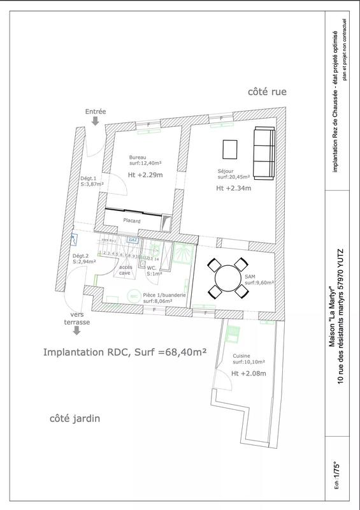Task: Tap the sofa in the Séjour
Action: tap(263, 147)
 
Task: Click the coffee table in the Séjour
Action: tap(229, 149)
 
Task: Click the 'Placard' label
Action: tap(132, 221)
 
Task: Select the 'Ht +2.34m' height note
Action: tap(233, 189)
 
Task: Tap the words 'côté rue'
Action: tap(267, 92)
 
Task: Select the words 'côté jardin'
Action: tap(75, 419)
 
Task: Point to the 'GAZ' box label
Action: tap(132, 240)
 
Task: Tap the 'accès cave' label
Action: tap(125, 270)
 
